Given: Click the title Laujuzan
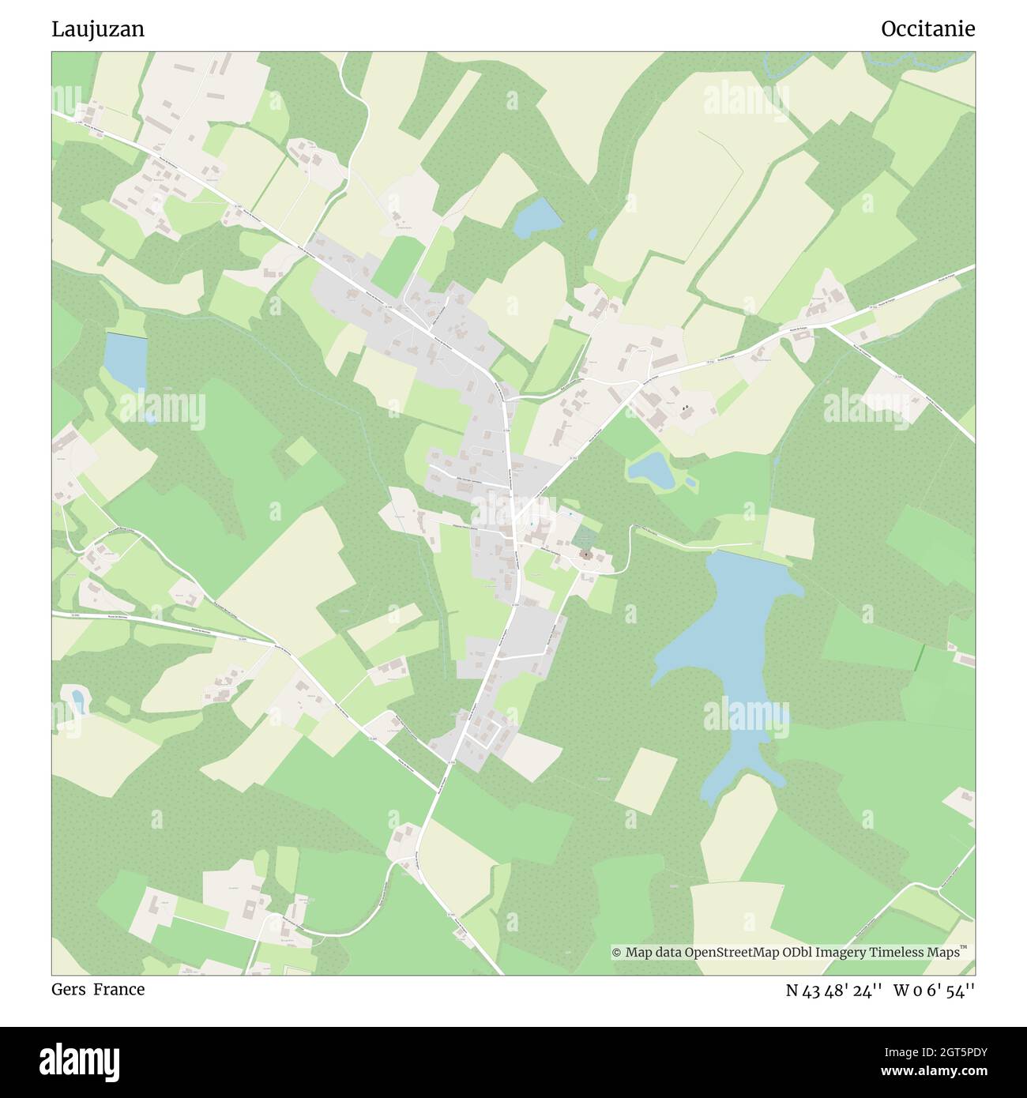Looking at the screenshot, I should [x=98, y=29].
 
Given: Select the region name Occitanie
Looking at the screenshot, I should [x=927, y=29].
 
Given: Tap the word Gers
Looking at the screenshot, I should [x=68, y=989].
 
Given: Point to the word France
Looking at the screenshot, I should [x=119, y=989].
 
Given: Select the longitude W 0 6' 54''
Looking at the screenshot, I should [x=935, y=990].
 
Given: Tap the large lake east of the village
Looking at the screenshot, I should [x=731, y=648].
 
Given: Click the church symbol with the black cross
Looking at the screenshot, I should [x=586, y=555].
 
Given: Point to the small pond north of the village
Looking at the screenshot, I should [x=537, y=218].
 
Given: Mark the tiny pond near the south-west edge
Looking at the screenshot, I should [x=77, y=699].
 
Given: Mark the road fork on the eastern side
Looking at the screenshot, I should [x=822, y=326].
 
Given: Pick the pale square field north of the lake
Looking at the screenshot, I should [x=788, y=533].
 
